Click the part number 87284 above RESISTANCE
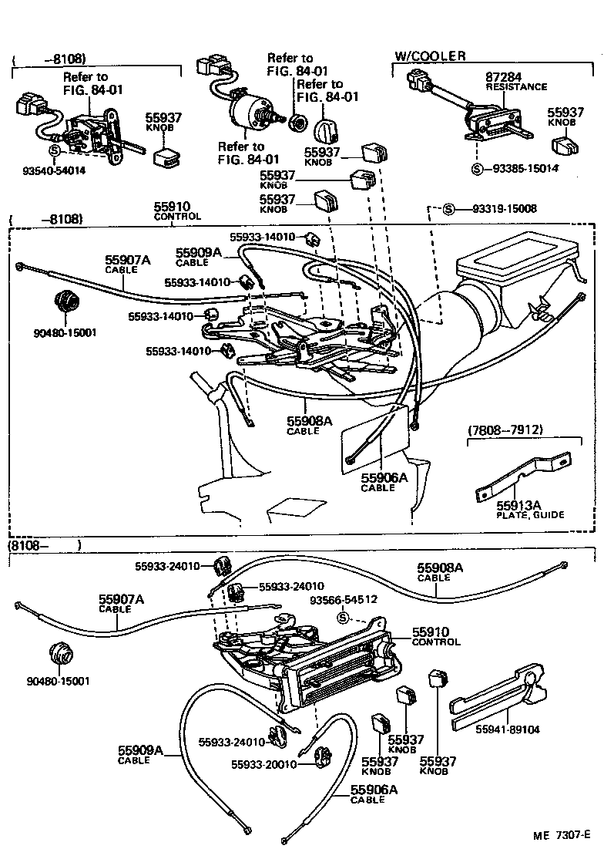click(505, 77)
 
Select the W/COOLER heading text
click(430, 56)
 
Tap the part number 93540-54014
click(54, 170)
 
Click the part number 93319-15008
click(504, 209)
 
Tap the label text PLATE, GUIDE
click(529, 514)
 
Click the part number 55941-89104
click(506, 728)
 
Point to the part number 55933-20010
click(263, 763)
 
